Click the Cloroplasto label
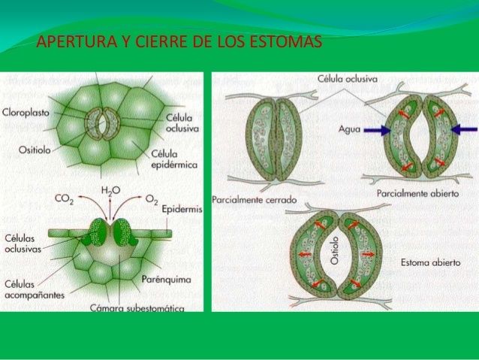(x=26, y=113)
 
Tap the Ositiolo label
(x=35, y=150)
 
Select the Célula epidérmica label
(x=174, y=159)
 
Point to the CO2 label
(x=64, y=199)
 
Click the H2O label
(x=110, y=191)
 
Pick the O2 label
(x=152, y=199)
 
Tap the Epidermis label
(x=182, y=209)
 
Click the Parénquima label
(x=166, y=280)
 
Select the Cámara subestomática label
(x=137, y=307)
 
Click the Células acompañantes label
(x=35, y=289)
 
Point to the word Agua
(x=349, y=129)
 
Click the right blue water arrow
(x=464, y=130)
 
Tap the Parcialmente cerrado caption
(x=255, y=200)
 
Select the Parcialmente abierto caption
(x=417, y=194)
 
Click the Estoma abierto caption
(x=430, y=263)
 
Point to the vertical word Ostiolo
(x=335, y=250)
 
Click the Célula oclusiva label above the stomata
(x=348, y=79)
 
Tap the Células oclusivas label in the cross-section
(x=23, y=244)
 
